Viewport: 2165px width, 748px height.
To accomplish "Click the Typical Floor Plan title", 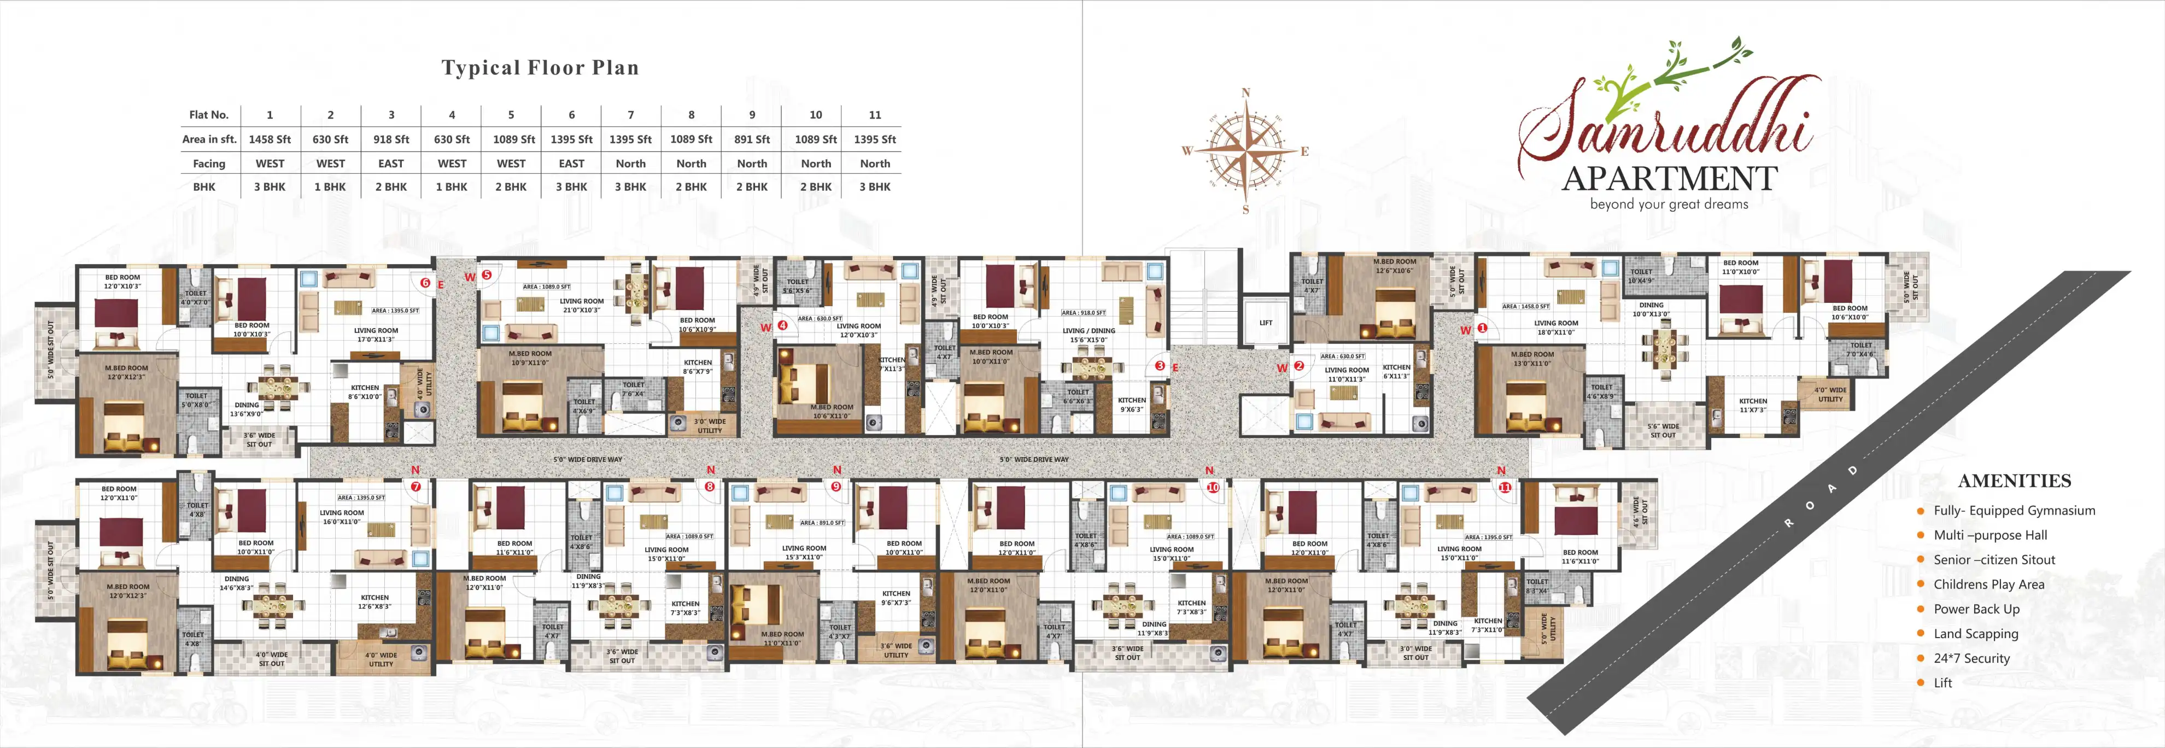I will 540,68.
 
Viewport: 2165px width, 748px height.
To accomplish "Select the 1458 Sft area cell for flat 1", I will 270,139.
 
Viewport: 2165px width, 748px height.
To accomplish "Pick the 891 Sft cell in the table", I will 751,139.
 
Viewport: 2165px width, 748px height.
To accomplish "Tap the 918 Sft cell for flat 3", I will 391,139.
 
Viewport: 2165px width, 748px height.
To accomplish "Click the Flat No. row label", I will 208,115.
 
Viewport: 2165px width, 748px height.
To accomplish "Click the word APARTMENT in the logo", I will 1669,179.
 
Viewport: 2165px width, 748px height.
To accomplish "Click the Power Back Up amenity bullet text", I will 1976,609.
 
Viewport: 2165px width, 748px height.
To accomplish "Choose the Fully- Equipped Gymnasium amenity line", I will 2014,510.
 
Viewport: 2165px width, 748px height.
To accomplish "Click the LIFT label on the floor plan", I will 1266,323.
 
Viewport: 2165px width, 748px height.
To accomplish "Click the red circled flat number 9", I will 835,487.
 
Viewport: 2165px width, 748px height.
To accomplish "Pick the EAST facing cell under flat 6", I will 571,164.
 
